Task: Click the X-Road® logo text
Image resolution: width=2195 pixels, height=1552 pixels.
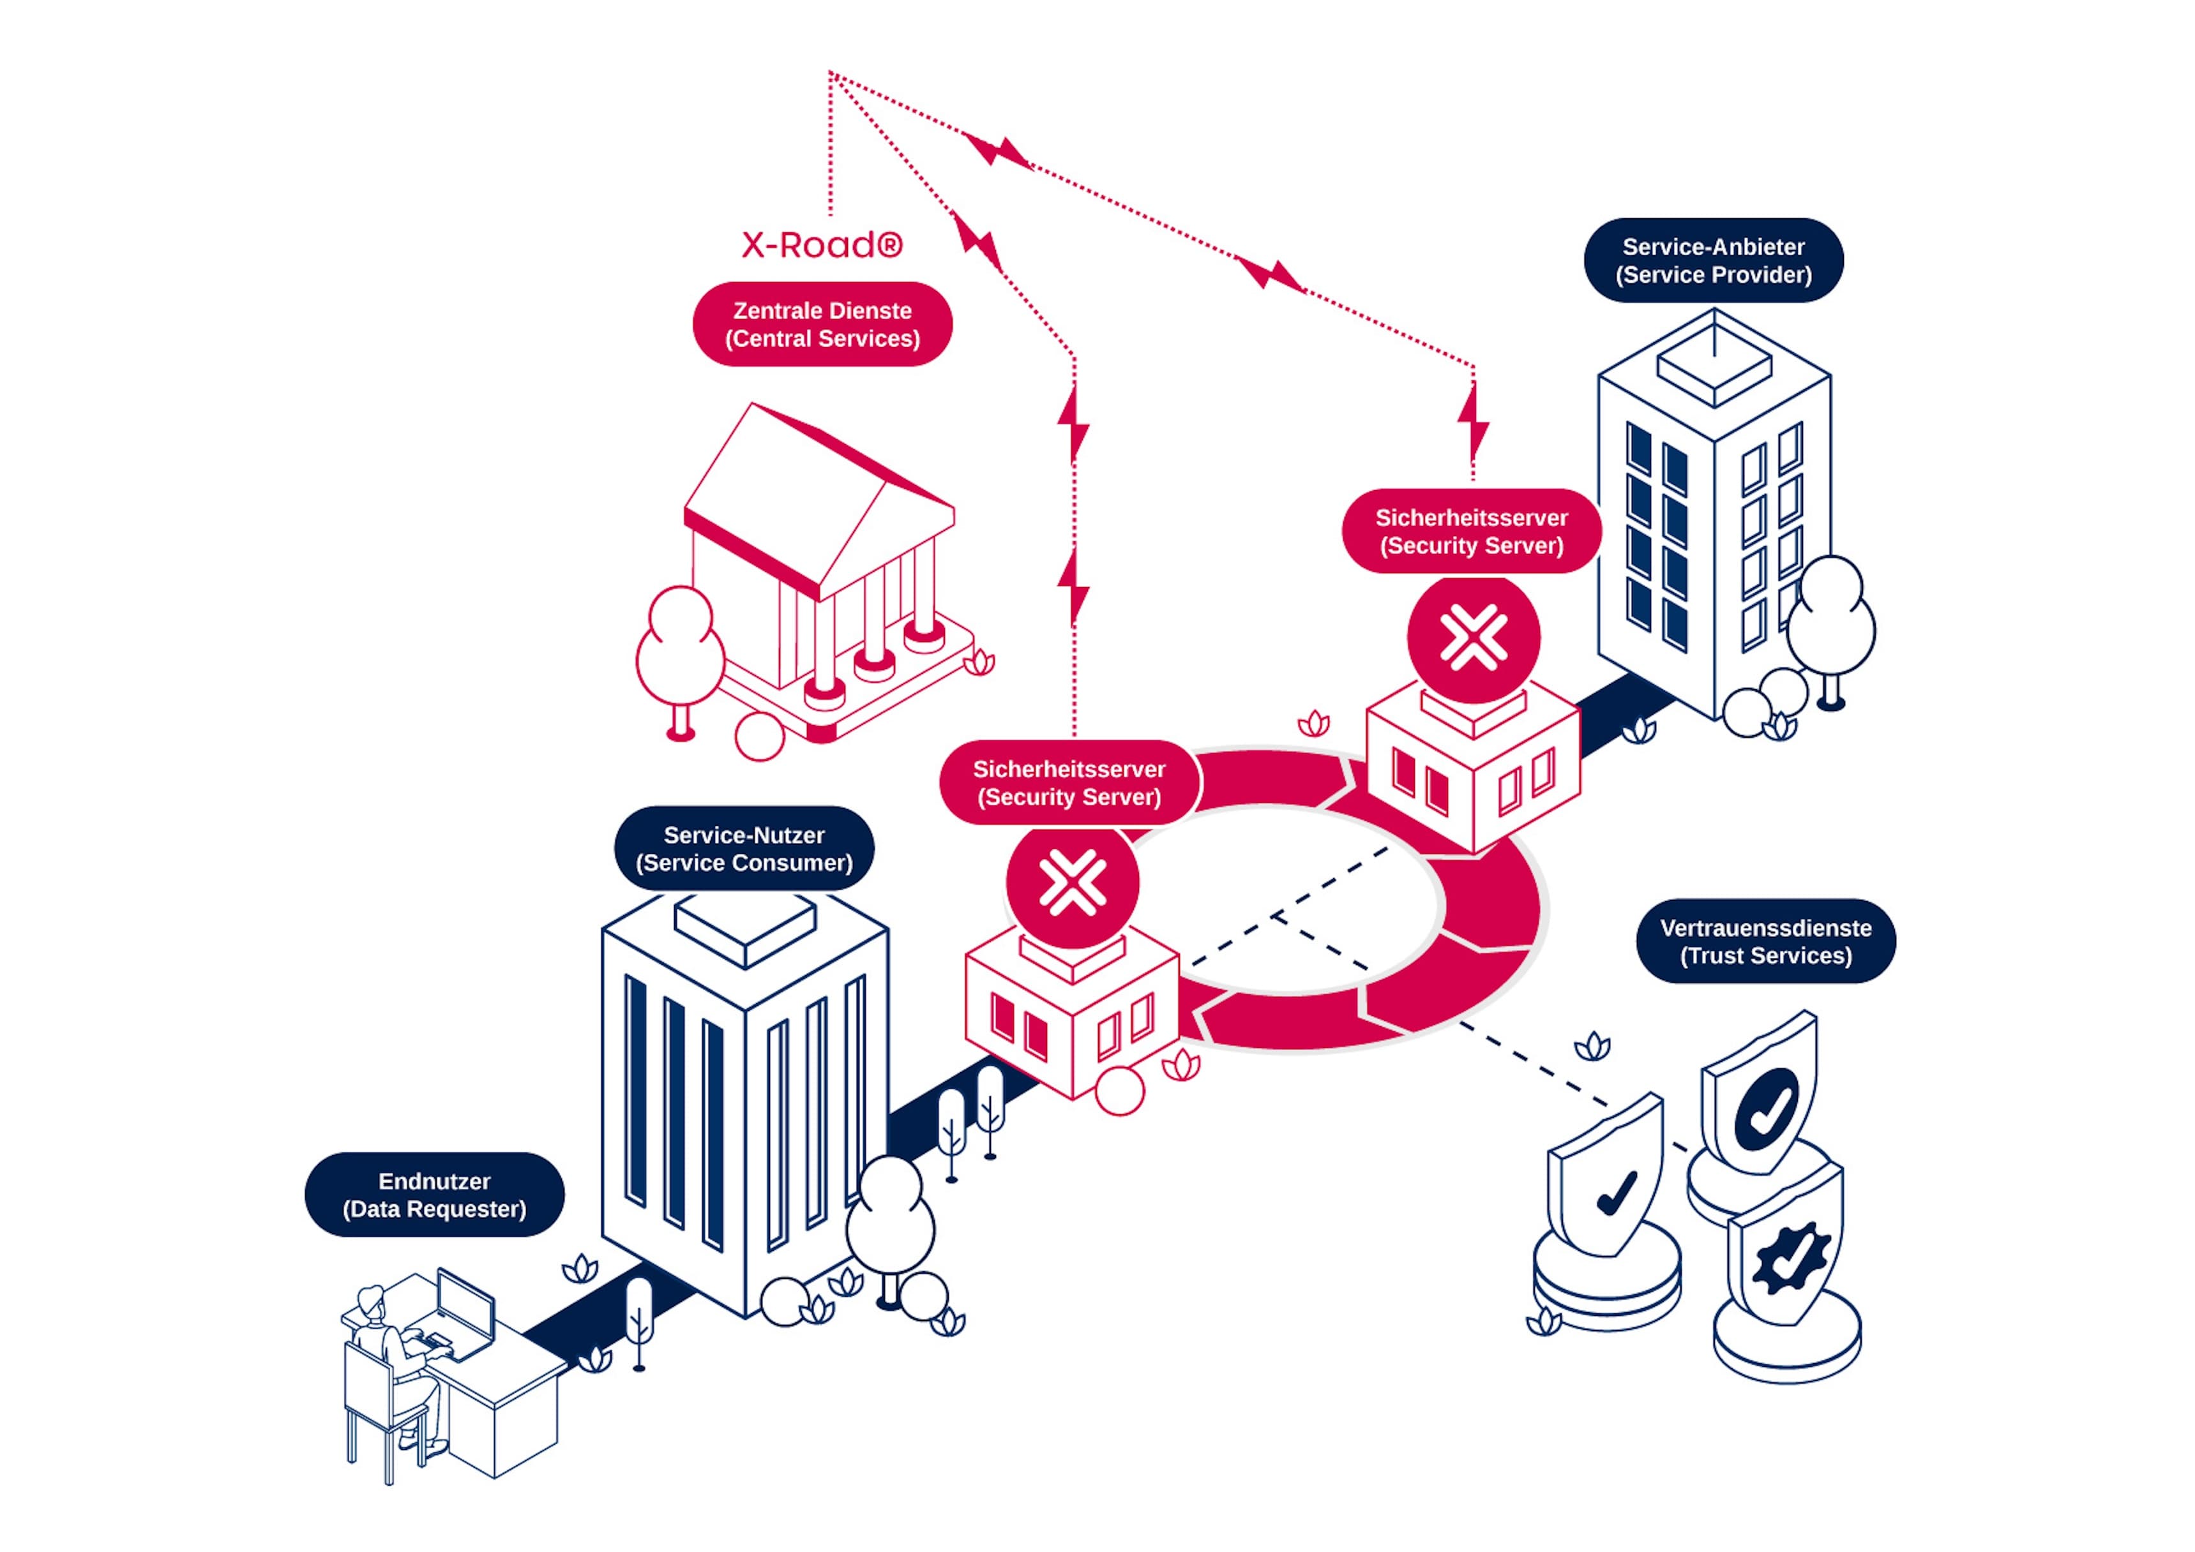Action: click(821, 244)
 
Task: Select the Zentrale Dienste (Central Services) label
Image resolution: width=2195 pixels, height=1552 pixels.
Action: click(822, 324)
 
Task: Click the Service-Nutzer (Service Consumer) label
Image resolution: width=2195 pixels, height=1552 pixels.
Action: click(744, 849)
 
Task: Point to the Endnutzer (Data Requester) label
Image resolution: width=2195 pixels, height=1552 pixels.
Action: click(434, 1195)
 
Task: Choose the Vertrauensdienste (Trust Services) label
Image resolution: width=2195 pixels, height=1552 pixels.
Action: click(1766, 941)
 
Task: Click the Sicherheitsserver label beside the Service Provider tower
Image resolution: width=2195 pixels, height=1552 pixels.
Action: click(1471, 532)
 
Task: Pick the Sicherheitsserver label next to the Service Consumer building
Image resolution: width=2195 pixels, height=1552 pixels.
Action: click(1069, 782)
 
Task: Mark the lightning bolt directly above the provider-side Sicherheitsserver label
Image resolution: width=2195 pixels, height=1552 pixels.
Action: click(1472, 421)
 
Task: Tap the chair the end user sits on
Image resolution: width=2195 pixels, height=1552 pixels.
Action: click(377, 1405)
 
